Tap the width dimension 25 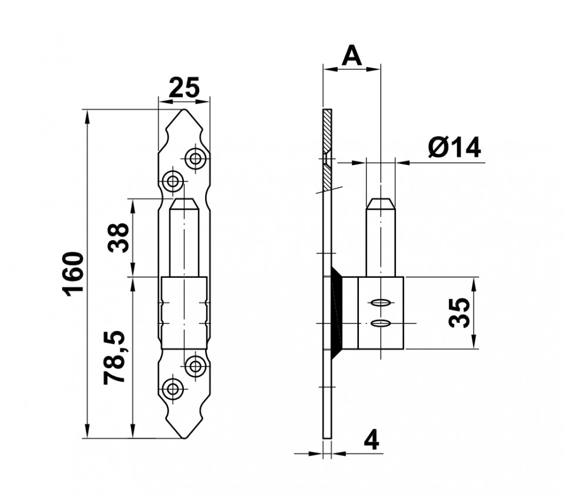[184, 87]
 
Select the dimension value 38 [119, 238]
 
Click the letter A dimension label [351, 56]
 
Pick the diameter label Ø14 [454, 147]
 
